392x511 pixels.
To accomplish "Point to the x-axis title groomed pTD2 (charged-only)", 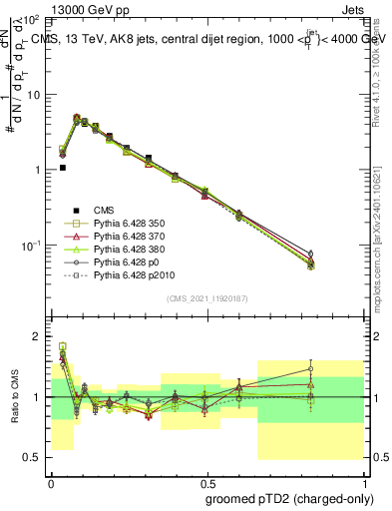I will pos(290,500).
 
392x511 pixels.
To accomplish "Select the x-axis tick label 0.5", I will pos(206,480).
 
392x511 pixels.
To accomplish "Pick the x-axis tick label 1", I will pos(363,480).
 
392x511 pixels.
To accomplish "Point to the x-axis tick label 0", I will pos(51,480).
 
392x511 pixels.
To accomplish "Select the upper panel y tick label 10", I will pos(33,95).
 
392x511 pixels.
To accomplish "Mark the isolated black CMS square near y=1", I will pos(63,168).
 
